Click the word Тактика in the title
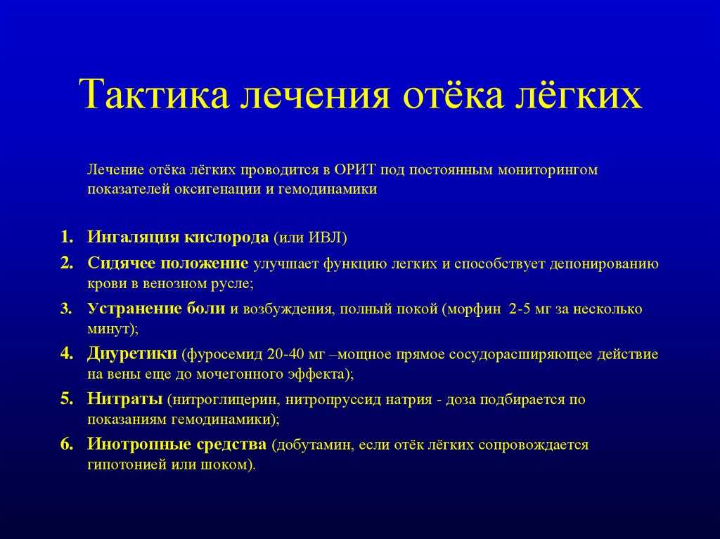154,94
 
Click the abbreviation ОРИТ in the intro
355,170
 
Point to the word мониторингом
548,171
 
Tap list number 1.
67,238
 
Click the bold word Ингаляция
133,238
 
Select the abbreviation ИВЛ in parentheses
326,238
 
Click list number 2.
67,264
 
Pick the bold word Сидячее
121,264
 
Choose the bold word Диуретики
131,354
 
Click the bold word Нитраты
125,399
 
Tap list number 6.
67,444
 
